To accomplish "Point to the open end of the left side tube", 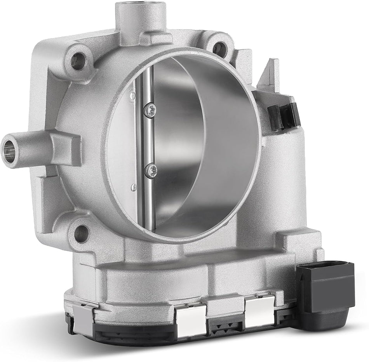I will pos(9,148).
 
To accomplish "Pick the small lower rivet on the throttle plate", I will pos(134,188).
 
